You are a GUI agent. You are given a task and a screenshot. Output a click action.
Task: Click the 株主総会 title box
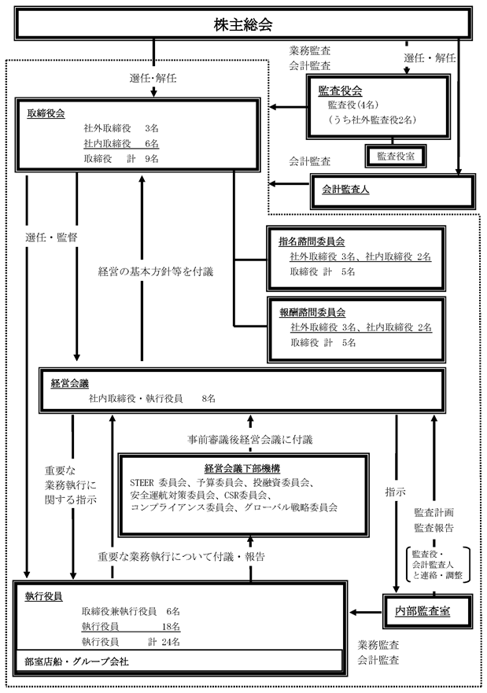[x=242, y=25]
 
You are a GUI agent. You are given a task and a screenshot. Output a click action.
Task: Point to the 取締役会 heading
[x=46, y=112]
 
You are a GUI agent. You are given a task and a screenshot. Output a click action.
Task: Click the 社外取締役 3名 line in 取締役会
[x=120, y=127]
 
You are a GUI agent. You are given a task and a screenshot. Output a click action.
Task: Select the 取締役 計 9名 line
[x=120, y=158]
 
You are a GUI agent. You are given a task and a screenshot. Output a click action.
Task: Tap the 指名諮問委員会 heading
[x=312, y=241]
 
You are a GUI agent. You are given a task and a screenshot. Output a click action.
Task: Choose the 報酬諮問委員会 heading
[x=312, y=311]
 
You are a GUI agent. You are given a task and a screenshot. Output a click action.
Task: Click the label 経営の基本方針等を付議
[x=156, y=271]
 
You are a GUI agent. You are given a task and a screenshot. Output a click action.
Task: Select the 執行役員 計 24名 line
[x=131, y=641]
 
